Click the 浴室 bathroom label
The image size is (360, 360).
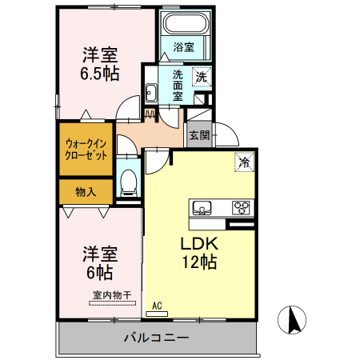[183, 47]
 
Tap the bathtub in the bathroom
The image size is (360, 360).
[183, 23]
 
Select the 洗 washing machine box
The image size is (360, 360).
[202, 78]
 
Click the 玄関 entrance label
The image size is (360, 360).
[199, 135]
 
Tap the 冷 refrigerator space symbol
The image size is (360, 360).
[243, 162]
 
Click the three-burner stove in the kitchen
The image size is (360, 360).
[241, 208]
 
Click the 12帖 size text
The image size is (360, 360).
[199, 261]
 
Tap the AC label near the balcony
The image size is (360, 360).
[158, 305]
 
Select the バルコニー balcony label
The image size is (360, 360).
[156, 337]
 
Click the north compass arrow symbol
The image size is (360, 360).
[294, 322]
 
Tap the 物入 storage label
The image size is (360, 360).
[86, 192]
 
